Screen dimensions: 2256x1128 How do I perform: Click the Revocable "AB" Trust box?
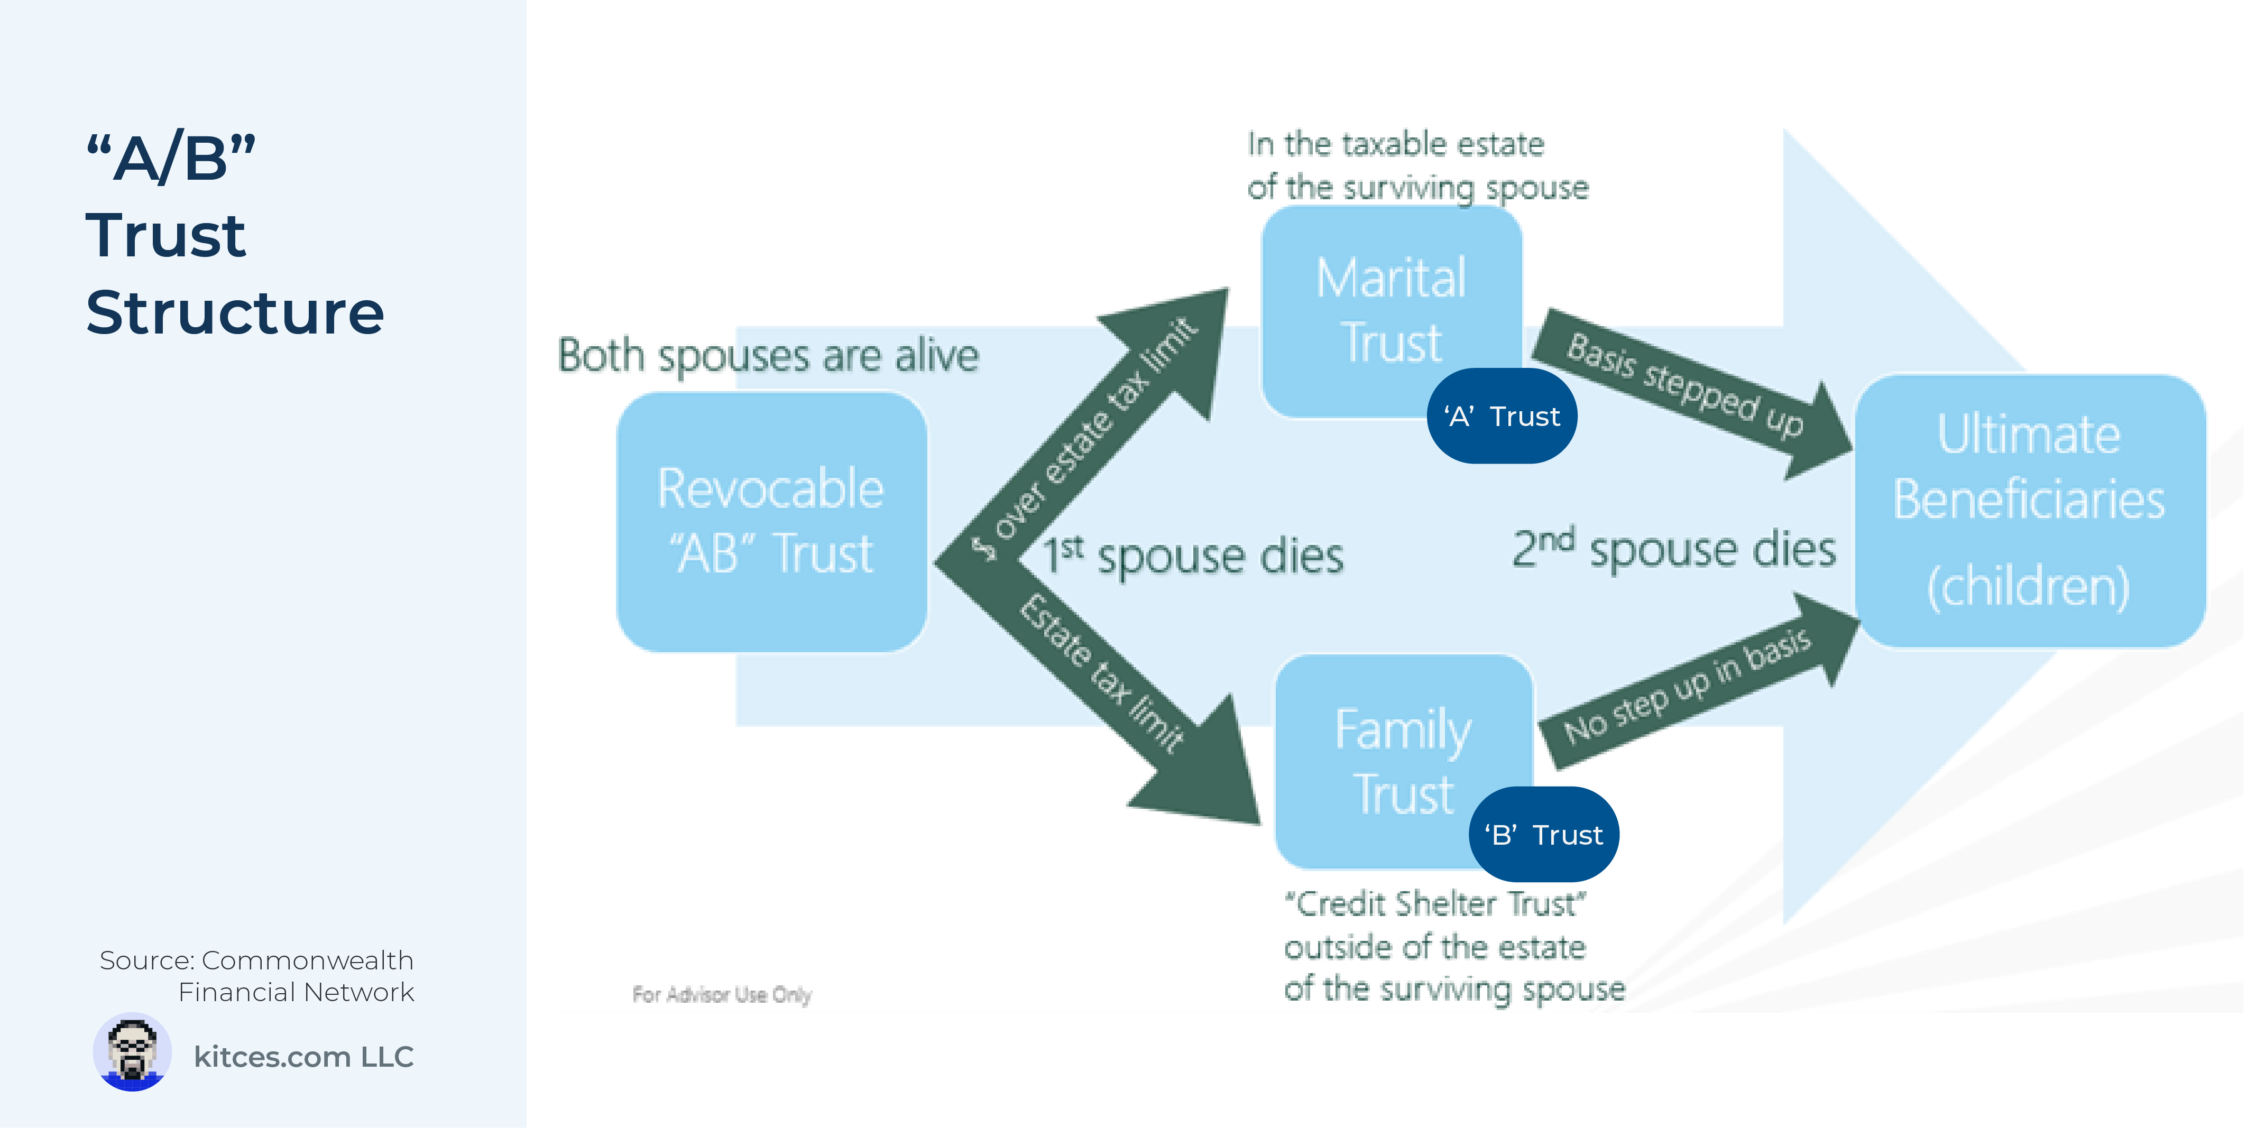[x=771, y=522]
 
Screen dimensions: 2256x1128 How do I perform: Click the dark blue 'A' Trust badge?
[x=1502, y=416]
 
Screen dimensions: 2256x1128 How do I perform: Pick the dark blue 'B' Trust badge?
[x=1544, y=835]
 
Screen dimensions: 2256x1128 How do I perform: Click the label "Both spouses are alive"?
[x=768, y=356]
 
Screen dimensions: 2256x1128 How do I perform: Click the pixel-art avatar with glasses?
[x=132, y=1052]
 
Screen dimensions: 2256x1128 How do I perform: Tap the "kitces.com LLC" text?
[x=303, y=1057]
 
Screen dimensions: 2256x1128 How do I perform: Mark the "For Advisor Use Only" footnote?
[x=722, y=995]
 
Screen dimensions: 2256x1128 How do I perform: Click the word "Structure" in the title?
[x=235, y=312]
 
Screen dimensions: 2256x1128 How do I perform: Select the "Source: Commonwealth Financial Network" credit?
[x=256, y=976]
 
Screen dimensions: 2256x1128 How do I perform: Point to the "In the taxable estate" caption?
[x=1395, y=144]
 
